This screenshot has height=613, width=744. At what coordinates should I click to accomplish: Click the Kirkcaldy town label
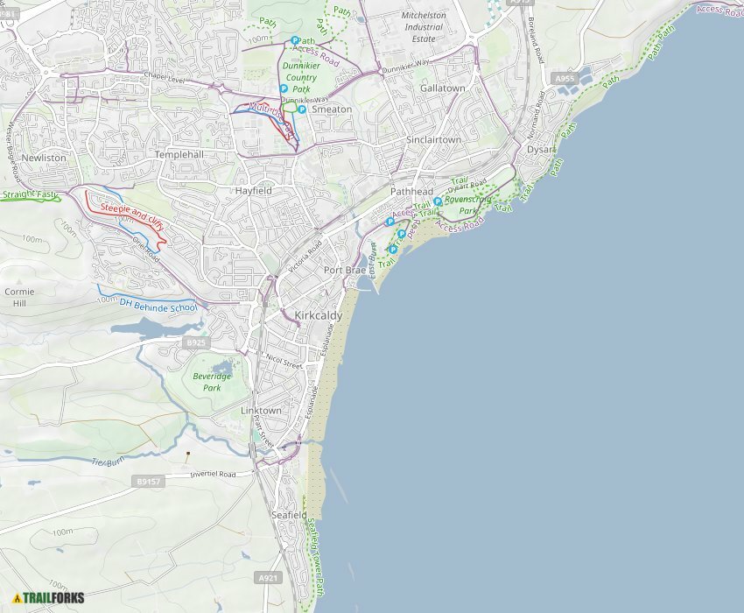(319, 315)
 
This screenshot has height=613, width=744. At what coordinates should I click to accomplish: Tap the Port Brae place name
(345, 271)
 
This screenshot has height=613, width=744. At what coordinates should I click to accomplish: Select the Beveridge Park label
(212, 382)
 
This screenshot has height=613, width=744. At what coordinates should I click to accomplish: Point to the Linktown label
(261, 411)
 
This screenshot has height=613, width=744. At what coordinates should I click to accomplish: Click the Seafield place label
(289, 515)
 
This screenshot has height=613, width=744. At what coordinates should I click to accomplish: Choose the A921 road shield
(269, 578)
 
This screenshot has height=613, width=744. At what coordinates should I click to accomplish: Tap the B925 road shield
(196, 342)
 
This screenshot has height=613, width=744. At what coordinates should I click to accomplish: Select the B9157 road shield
(149, 482)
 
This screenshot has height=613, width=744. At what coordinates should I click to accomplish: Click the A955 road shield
(565, 79)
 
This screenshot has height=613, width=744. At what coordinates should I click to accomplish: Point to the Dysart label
(541, 150)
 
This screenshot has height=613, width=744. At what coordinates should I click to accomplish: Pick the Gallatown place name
(442, 88)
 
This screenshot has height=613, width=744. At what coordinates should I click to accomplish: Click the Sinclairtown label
(433, 140)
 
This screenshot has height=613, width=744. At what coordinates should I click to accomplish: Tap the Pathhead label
(411, 191)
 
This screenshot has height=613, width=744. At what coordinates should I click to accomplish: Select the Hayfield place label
(253, 190)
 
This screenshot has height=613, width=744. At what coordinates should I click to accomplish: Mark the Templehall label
(179, 154)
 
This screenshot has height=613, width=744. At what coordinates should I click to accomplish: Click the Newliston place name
(44, 158)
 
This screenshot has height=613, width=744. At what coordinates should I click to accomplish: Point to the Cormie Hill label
(19, 297)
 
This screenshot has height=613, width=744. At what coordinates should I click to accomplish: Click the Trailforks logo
(48, 598)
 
